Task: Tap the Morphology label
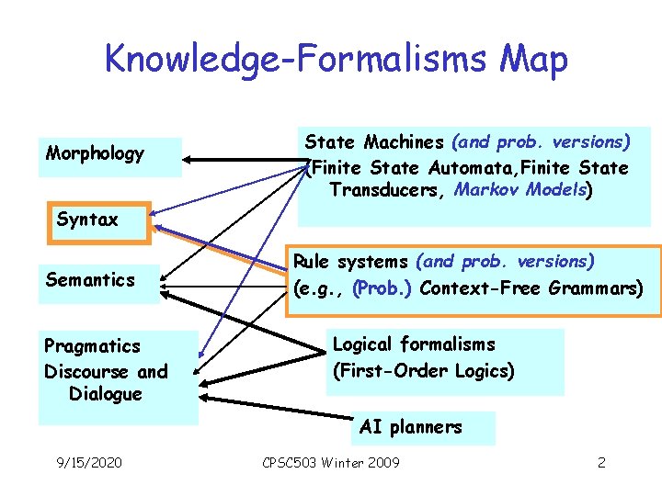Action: [x=95, y=153]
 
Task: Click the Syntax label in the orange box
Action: [x=87, y=220]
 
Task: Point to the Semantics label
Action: [x=90, y=279]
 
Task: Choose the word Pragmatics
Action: [x=92, y=346]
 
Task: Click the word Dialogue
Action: [x=106, y=394]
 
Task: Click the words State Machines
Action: [x=374, y=142]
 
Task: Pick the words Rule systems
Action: [x=350, y=263]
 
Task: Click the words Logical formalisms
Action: [x=414, y=344]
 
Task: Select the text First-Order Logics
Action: [x=423, y=371]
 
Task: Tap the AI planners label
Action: [x=411, y=427]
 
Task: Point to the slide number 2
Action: [x=601, y=462]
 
